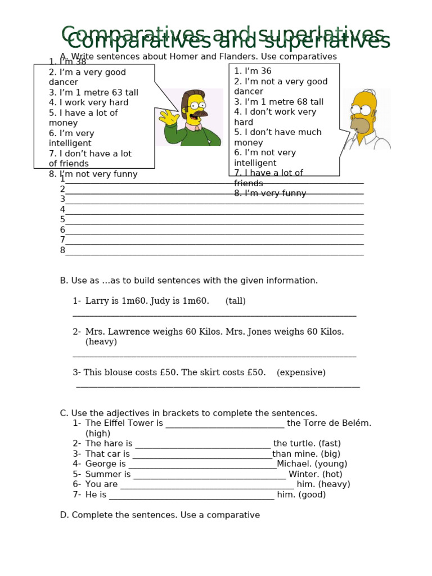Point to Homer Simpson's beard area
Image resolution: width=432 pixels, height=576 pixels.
361,124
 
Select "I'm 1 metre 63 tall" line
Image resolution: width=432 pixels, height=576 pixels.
93,92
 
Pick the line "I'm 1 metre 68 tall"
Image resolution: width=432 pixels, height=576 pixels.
278,102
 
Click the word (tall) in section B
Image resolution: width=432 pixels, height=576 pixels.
236,301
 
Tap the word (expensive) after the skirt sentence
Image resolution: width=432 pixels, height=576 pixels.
301,372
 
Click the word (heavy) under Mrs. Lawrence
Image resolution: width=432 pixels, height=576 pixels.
101,341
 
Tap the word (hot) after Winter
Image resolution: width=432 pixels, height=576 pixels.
332,474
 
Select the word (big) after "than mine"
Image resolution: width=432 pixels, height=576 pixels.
328,454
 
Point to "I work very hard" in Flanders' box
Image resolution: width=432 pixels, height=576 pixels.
88,102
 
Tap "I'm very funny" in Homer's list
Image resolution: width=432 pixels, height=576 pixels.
270,193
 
